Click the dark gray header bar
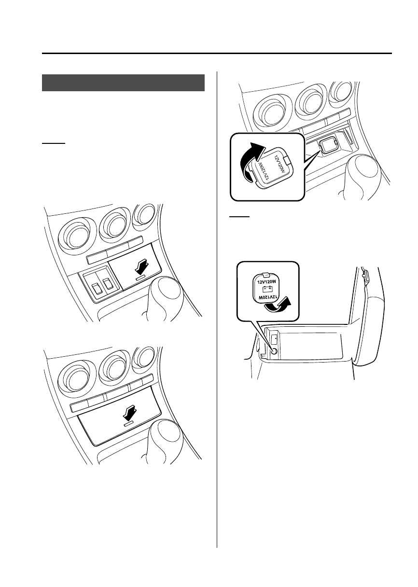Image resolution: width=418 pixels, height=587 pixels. click(123, 83)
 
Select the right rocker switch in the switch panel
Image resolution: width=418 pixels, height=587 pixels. click(107, 283)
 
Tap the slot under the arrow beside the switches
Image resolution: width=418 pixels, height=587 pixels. click(140, 277)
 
